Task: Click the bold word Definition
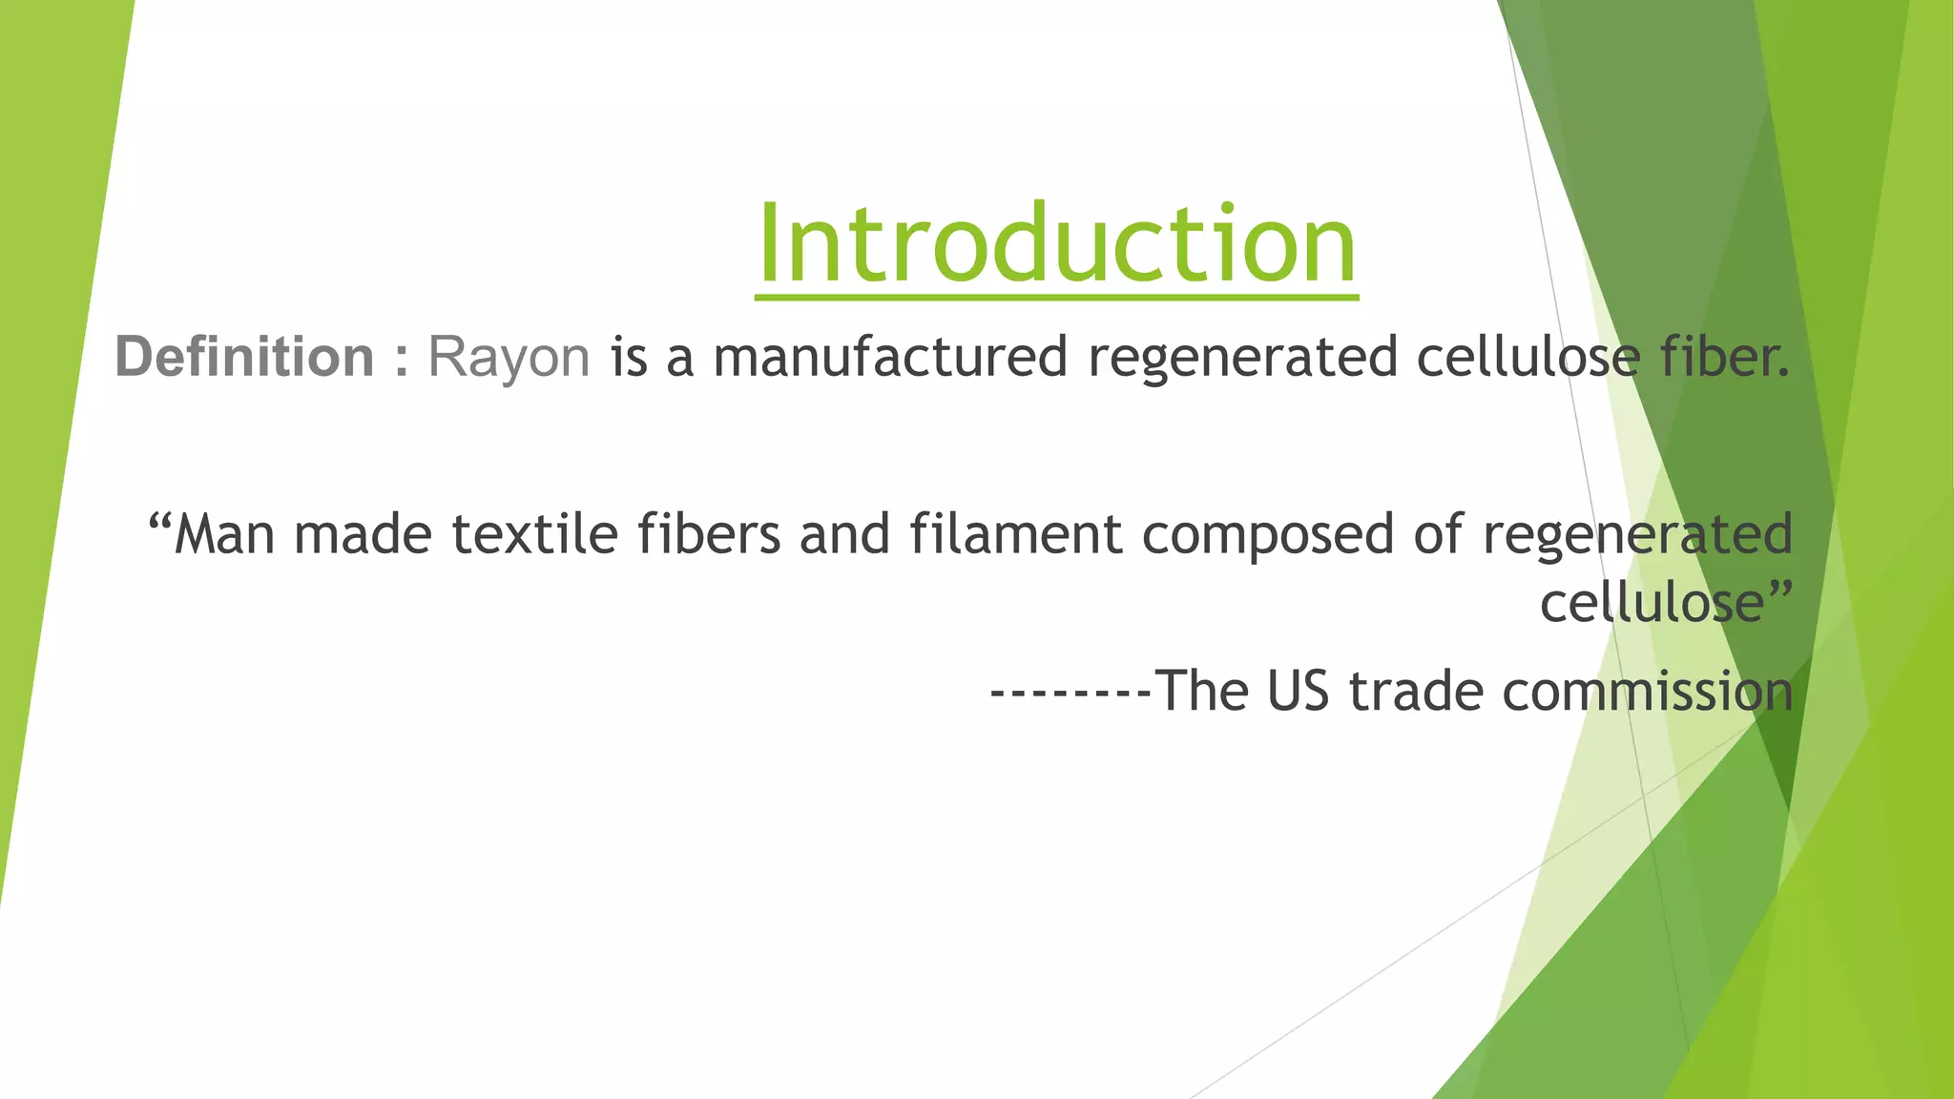(x=244, y=358)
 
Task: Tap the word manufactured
(x=889, y=358)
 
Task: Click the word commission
(x=1648, y=692)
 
